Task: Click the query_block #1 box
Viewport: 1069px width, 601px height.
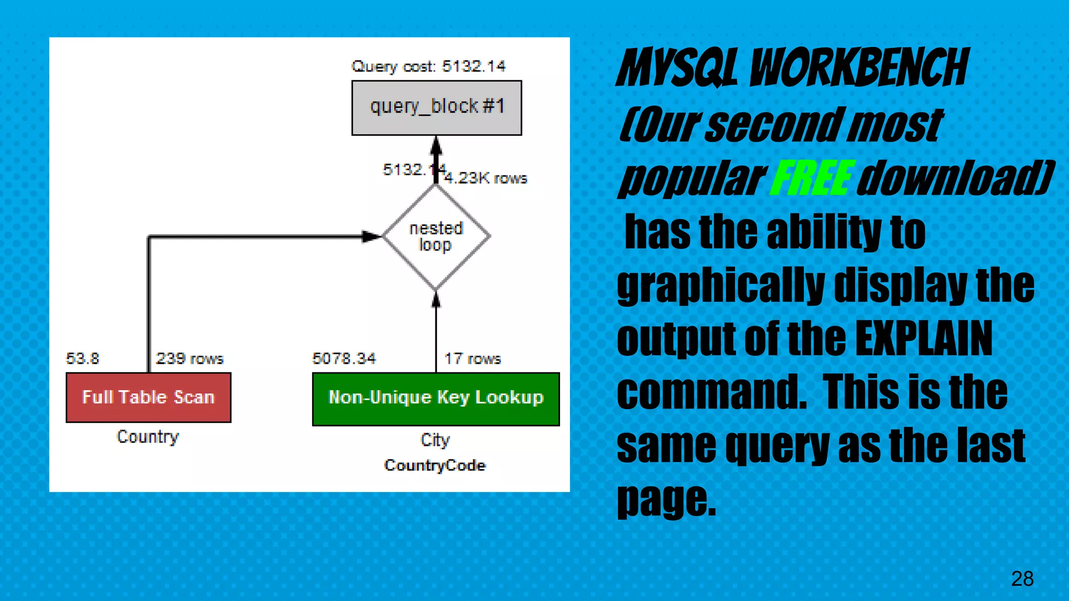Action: tap(436, 107)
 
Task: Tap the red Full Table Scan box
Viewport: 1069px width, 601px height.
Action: tap(148, 398)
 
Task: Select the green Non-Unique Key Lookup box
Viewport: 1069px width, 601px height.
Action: tap(436, 399)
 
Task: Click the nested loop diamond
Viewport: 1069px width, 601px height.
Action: tap(436, 236)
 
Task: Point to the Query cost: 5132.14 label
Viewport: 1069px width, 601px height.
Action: tap(428, 66)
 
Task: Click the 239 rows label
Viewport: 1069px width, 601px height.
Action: tap(189, 358)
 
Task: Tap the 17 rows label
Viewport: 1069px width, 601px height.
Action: tap(472, 358)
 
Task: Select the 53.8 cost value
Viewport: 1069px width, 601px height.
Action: tap(82, 358)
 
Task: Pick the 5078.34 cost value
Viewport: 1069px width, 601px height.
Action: tap(344, 358)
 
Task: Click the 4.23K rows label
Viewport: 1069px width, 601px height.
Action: tap(485, 178)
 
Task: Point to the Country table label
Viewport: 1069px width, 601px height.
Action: tap(148, 437)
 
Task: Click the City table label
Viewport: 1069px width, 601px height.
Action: tap(435, 440)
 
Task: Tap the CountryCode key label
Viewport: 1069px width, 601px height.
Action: tap(435, 465)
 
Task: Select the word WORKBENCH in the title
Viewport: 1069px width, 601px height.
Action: tap(859, 68)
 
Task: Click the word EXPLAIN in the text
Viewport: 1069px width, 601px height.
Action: tap(924, 339)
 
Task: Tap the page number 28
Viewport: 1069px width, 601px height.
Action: tap(1022, 579)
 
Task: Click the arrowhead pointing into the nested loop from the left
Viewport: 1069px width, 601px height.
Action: tap(372, 237)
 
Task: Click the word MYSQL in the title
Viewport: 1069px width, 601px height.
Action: tap(678, 68)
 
